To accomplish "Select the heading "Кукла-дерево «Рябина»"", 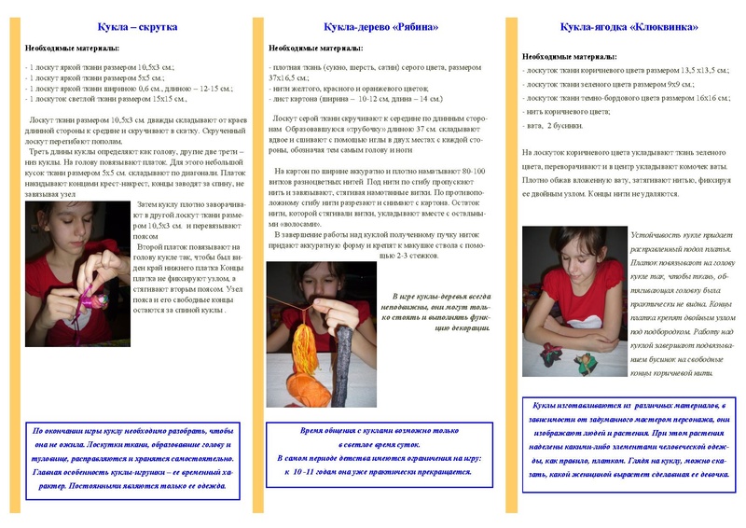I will tap(370, 27).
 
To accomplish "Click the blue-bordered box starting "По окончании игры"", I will tap(132, 459).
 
